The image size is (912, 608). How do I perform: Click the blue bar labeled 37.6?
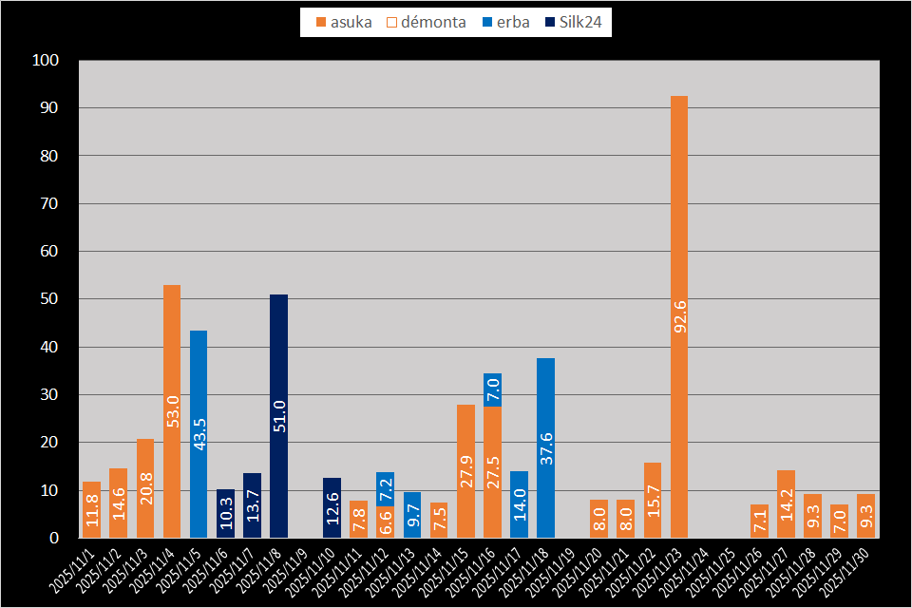(545, 447)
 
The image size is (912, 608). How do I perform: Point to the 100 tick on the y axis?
(46, 61)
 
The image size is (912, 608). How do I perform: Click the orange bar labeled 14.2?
(786, 503)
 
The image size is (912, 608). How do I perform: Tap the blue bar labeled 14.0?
(519, 504)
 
